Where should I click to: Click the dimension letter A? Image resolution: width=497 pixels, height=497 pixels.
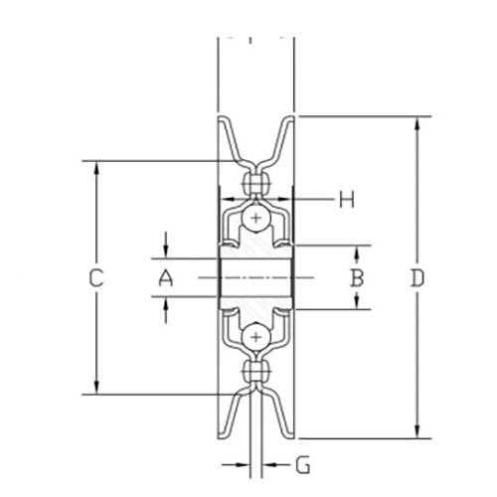coord(166,279)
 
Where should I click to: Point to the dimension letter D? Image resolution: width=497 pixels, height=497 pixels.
coord(417,278)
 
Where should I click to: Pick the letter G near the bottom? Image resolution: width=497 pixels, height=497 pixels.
coord(303,464)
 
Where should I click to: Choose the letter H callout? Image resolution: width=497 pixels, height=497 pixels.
coord(345,200)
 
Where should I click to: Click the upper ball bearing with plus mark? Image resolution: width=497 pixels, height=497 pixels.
coord(257,218)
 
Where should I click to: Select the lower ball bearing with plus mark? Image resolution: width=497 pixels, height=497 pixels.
coord(257,338)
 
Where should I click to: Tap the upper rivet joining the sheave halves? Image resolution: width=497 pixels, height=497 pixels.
coord(257,183)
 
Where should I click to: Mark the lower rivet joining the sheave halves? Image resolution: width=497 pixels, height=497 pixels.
coord(257,374)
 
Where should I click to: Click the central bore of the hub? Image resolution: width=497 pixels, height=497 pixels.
coord(256,278)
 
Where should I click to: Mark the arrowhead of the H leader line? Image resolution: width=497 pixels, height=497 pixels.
coord(299,200)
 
